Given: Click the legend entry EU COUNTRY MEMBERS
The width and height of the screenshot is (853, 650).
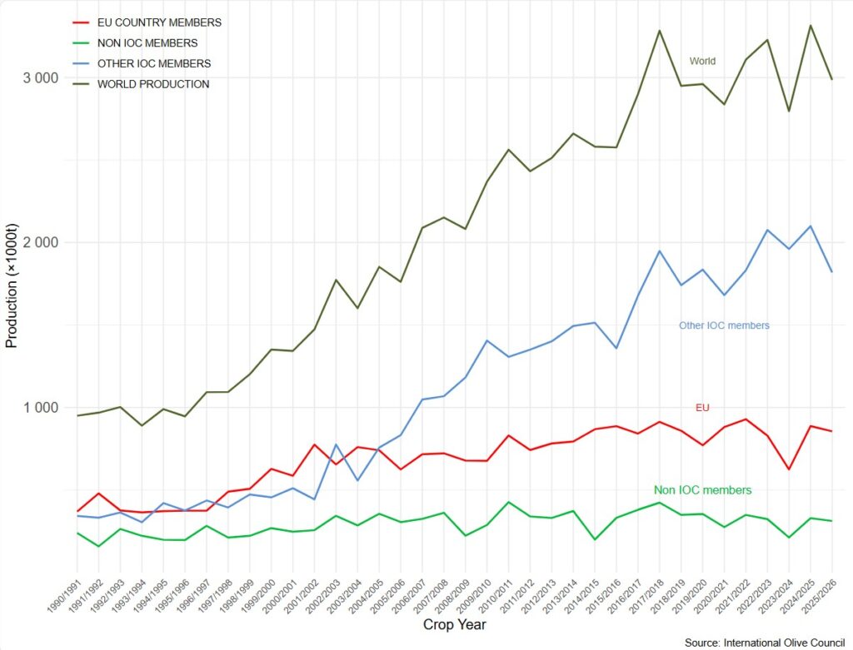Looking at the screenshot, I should pyautogui.click(x=159, y=22).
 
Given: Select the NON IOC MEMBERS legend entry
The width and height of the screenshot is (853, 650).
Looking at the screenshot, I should pyautogui.click(x=147, y=42).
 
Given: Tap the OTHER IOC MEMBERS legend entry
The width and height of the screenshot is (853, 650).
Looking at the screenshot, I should pyautogui.click(x=154, y=63).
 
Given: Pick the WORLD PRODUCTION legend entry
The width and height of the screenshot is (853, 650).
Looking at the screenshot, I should pyautogui.click(x=153, y=84).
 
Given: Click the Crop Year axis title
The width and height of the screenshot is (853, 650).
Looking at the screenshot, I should pyautogui.click(x=454, y=624).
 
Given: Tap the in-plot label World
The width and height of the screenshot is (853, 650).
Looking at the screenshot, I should pyautogui.click(x=702, y=61).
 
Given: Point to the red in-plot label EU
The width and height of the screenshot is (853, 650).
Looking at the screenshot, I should pyautogui.click(x=702, y=407).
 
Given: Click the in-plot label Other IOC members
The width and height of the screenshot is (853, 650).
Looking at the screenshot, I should pyautogui.click(x=724, y=325).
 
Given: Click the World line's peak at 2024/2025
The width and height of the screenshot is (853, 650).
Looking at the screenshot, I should pyautogui.click(x=811, y=26).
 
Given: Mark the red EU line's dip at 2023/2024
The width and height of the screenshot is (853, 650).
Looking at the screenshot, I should pyautogui.click(x=789, y=469).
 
